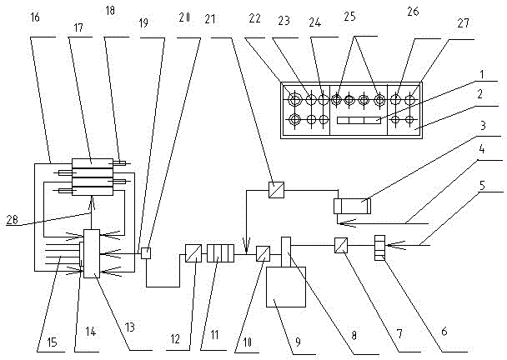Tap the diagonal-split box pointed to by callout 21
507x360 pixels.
275,189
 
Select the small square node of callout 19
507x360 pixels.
145,252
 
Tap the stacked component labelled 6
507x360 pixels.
379,247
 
